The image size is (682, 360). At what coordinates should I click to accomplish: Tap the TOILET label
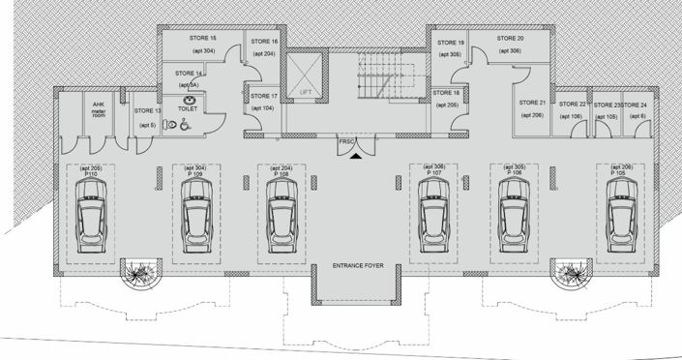point(188,109)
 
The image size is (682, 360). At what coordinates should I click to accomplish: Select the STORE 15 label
point(200,37)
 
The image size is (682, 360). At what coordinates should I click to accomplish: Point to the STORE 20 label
point(510,38)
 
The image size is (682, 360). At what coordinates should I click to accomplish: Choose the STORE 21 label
point(532,102)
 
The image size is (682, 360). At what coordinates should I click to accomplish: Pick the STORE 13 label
point(148,111)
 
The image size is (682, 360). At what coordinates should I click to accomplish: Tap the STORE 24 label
point(635,104)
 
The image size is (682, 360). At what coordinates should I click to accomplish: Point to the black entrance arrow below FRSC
point(356,152)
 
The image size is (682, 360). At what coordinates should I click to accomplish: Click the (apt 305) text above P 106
point(511,167)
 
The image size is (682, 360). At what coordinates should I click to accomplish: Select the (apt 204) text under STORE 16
point(264,54)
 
